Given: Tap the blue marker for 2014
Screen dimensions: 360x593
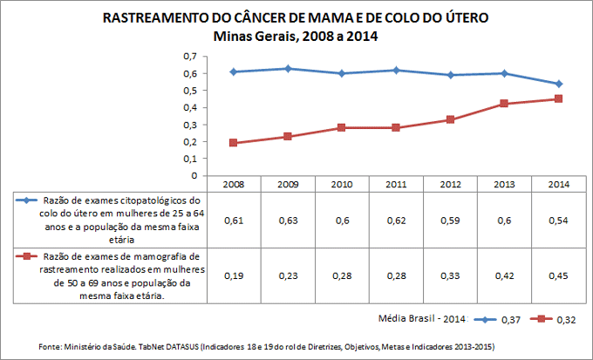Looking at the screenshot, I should click(558, 84).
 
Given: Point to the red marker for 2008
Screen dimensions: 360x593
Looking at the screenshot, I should click(234, 143).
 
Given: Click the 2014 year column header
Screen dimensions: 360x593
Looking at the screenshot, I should click(558, 185).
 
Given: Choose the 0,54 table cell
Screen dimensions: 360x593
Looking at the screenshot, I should click(558, 220).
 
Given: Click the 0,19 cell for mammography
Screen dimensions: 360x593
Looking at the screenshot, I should click(234, 275).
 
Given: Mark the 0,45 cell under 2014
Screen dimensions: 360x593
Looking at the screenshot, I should click(558, 275).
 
